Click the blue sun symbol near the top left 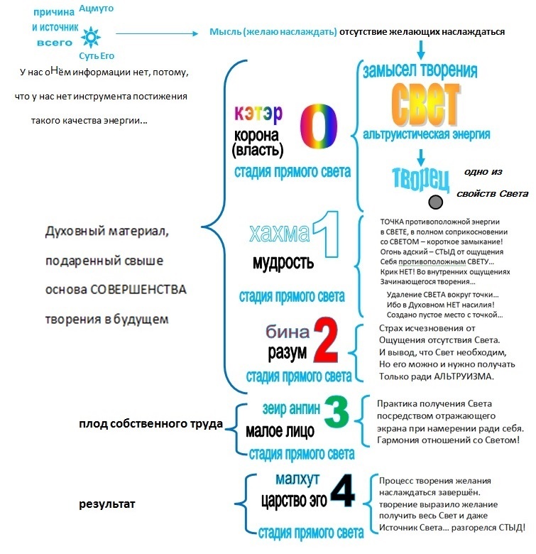point(91,36)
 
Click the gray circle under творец point(437,202)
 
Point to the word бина point(288,332)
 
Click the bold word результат point(107,504)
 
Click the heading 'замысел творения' point(420,71)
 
